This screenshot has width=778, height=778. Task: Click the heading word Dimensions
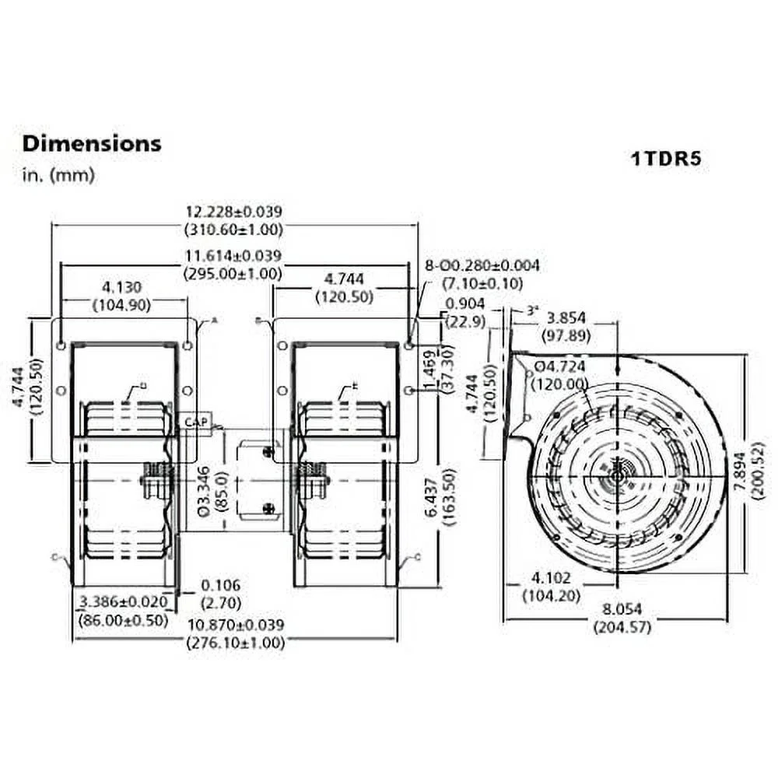coord(92,143)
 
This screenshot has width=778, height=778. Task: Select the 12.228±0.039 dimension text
coord(233,211)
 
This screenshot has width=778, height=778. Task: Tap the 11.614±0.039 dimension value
coord(233,255)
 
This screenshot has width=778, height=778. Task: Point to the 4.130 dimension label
coord(124,286)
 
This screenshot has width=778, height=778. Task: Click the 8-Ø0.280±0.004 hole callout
coord(482,265)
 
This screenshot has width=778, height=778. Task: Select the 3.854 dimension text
coord(567,318)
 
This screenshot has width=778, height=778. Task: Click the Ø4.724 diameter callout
coord(562,366)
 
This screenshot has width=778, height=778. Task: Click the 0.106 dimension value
coord(220,586)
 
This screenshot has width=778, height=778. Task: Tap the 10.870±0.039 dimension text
coord(233,625)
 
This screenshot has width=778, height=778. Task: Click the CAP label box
coord(194,422)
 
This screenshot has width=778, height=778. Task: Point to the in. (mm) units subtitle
coord(58,175)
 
